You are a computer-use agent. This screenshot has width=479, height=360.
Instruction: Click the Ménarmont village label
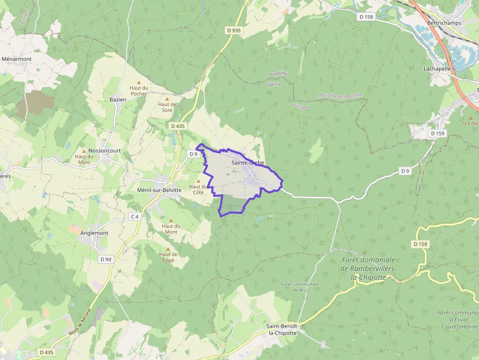17,59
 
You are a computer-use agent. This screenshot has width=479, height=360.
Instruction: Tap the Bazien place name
118,100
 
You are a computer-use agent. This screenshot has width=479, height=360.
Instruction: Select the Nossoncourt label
105,151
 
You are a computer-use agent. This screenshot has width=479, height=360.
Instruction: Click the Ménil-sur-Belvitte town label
160,190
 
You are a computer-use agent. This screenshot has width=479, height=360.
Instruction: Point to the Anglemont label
94,233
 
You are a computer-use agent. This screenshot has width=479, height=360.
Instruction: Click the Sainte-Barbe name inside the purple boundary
248,163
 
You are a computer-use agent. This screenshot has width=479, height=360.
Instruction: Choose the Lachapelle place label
437,69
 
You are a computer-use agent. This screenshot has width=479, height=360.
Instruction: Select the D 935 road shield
234,30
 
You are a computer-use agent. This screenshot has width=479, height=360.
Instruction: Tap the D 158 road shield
366,17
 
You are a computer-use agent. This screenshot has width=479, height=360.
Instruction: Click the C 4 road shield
134,216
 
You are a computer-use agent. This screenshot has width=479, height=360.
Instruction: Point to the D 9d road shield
106,259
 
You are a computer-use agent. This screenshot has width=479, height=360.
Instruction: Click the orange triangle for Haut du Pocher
139,82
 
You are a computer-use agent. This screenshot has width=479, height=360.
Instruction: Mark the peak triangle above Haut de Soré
167,99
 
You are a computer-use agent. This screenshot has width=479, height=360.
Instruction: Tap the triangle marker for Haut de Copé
168,249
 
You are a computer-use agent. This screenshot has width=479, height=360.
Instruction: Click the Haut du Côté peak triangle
198,181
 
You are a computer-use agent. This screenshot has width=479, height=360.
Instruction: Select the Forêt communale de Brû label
300,287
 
